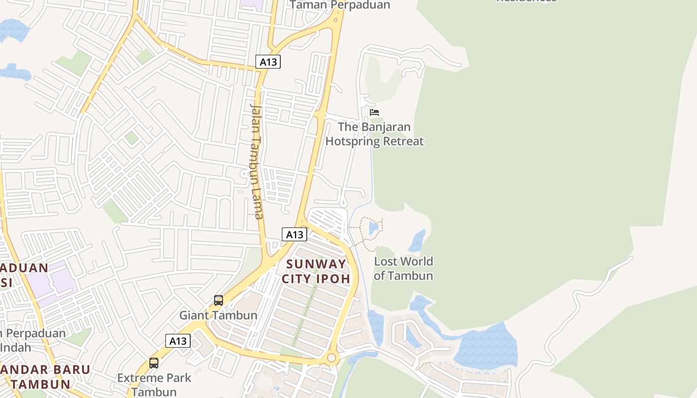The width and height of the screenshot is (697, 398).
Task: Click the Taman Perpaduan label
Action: coord(340,5)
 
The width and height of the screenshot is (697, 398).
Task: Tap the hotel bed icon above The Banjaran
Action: coord(374,112)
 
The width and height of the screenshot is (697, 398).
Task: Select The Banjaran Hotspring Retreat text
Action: coord(374,134)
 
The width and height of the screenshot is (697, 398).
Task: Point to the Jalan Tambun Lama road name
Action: coord(256,161)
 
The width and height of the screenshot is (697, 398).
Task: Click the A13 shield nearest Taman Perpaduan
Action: coord(268,62)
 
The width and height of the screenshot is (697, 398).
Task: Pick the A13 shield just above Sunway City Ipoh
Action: coord(294,234)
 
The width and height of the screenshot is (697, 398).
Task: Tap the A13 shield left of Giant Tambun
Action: coord(178,341)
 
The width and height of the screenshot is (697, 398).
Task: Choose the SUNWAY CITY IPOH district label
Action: coord(316,271)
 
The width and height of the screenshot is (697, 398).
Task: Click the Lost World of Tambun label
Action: coord(403,268)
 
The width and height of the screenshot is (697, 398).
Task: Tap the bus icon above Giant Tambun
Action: coord(218,300)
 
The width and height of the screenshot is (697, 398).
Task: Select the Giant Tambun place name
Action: coord(218,315)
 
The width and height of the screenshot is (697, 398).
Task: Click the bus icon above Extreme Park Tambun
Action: coord(154,363)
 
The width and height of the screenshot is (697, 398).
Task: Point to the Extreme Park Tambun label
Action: coord(154,385)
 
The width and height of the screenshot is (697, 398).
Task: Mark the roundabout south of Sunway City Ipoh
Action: coord(332,358)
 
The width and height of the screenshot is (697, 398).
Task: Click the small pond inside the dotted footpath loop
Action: coord(373,228)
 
